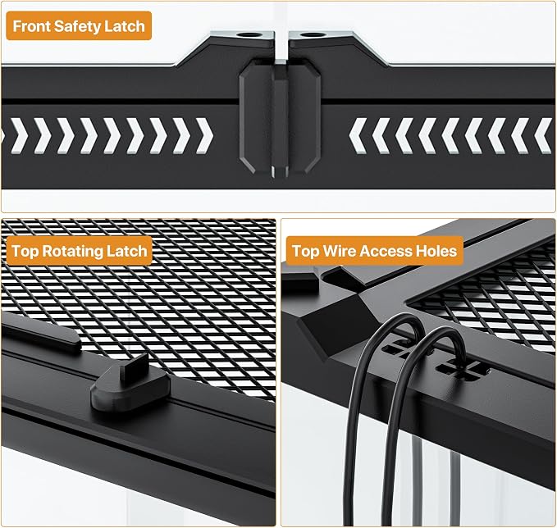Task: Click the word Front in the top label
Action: pos(31,26)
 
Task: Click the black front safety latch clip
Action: pos(280,117)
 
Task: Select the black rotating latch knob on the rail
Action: pos(130,388)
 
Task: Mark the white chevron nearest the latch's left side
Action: pos(204,136)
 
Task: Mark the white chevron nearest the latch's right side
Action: pos(358,136)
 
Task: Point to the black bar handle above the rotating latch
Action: pos(41,333)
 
